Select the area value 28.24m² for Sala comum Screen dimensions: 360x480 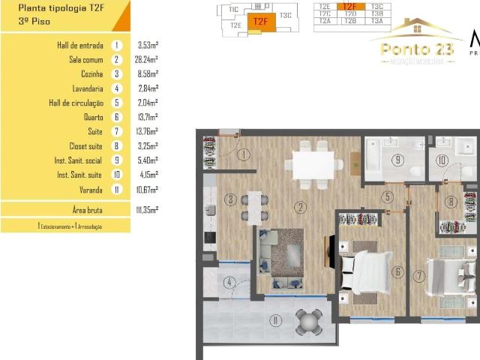coord(148,60)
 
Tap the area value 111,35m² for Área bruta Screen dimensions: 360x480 coord(148,210)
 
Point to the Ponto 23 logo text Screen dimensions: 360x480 coord(417,49)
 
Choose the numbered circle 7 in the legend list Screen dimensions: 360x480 coord(116,132)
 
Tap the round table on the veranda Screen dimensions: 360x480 coord(308,322)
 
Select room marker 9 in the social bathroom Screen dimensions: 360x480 coord(397,159)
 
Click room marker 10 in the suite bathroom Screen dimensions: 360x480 coord(442,160)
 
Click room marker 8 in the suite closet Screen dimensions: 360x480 coord(450,201)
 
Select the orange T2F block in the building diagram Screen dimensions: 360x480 coord(260,21)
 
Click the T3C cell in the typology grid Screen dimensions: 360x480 coord(376,6)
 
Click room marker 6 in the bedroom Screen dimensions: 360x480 coord(397,272)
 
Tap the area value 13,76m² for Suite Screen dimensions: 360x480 coord(148,132)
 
